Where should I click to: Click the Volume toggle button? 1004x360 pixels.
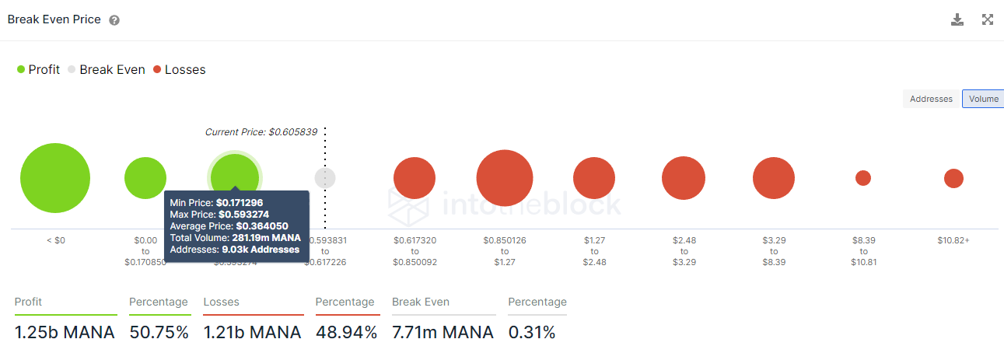(x=983, y=99)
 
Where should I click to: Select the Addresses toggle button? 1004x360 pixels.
(x=931, y=99)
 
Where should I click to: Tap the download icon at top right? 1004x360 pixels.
(x=957, y=19)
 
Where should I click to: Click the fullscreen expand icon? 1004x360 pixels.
(x=988, y=19)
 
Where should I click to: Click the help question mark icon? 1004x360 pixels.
(x=114, y=20)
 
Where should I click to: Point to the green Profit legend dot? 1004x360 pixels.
(x=21, y=70)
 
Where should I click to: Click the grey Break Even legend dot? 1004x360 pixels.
(x=72, y=70)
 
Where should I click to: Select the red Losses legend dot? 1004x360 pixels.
(x=157, y=70)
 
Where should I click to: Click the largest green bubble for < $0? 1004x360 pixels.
(x=55, y=178)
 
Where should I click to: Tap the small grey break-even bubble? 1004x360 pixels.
(x=325, y=178)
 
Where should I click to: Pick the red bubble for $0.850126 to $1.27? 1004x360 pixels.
(x=505, y=178)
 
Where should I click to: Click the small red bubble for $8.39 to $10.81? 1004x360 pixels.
(x=863, y=178)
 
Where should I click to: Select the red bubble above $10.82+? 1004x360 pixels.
(x=953, y=178)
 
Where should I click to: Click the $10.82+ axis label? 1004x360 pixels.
(x=953, y=240)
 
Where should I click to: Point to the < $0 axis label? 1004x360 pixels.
(x=55, y=240)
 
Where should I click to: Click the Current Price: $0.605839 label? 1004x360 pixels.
(x=261, y=132)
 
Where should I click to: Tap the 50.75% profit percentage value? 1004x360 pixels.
(x=159, y=333)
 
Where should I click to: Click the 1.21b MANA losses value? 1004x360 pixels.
(x=252, y=333)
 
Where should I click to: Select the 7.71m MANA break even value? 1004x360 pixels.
(x=443, y=333)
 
